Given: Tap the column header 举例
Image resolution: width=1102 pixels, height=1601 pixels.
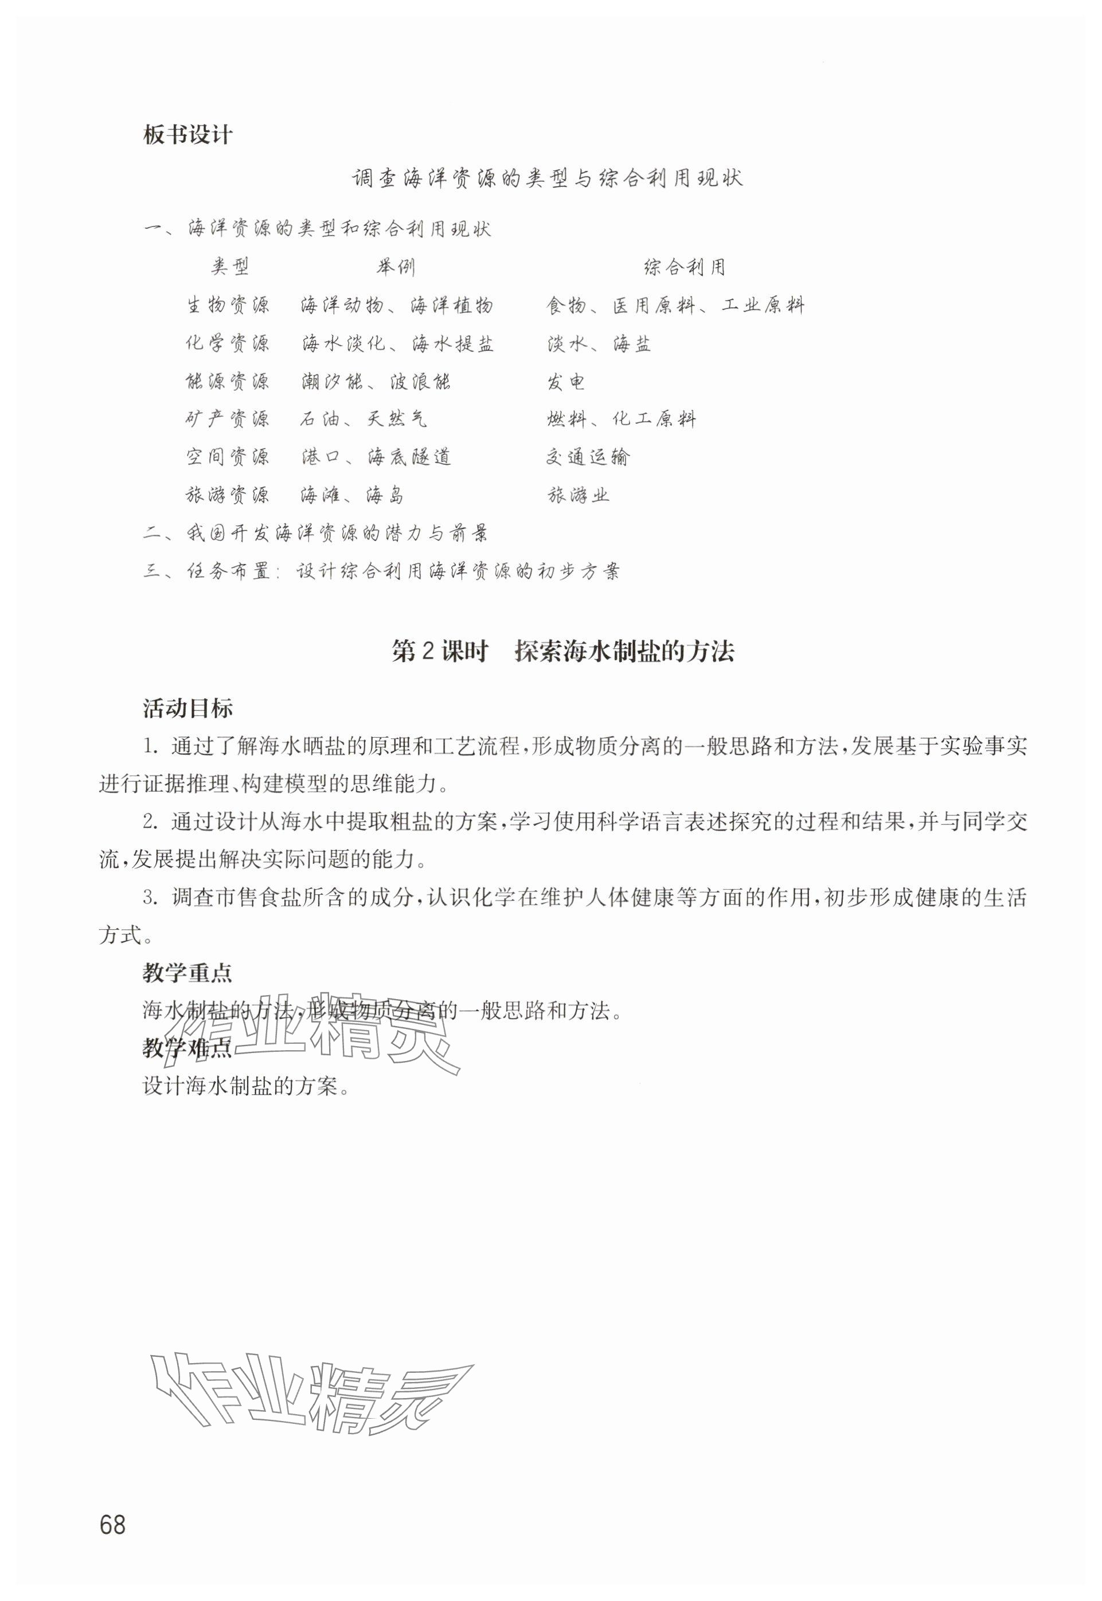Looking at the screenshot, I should [x=396, y=267].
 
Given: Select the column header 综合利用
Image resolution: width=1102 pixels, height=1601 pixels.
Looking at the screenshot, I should [x=684, y=267].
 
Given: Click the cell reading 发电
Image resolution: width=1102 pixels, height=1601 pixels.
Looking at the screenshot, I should [x=566, y=381].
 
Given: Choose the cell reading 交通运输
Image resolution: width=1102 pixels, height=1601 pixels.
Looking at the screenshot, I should [x=588, y=456].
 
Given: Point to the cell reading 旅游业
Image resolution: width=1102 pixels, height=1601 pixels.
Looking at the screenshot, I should [x=579, y=494].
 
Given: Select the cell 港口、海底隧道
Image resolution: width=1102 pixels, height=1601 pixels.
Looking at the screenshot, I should [x=376, y=456].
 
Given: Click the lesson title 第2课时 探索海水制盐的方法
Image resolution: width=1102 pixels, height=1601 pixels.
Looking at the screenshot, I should [x=562, y=652].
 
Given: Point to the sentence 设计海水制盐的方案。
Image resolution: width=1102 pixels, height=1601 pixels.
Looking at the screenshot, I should [x=245, y=1087].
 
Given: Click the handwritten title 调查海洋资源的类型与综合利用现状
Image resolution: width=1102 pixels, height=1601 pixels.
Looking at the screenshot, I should [x=547, y=179].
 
